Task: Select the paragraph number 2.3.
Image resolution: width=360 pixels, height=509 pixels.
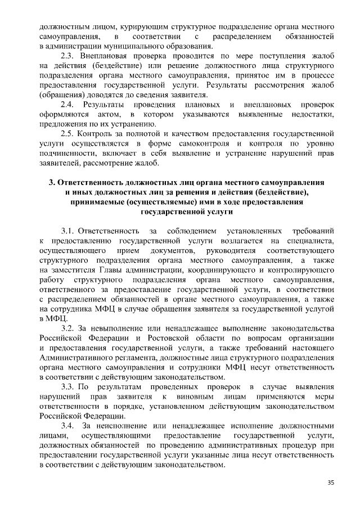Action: [68, 56]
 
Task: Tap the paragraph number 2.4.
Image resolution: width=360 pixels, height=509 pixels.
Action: [68, 105]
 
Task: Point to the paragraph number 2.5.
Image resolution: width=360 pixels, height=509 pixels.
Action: [68, 134]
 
